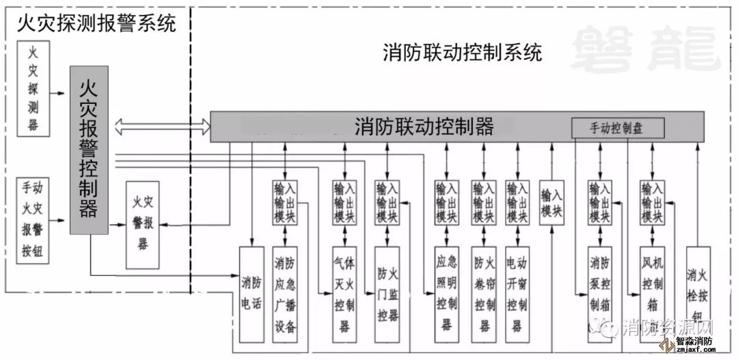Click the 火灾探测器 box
coord(33,88)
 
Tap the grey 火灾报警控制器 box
coord(89,150)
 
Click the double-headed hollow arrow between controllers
coord(163,126)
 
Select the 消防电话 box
coord(251,294)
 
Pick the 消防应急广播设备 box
coord(285,294)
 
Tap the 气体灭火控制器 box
coord(344,294)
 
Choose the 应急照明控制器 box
coord(446,294)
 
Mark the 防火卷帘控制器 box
coord(484,294)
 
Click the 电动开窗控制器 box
coord(518,294)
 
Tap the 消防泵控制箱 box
coord(600,294)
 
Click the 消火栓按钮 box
coord(697,294)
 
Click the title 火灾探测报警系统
coord(96,25)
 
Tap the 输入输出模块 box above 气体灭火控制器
coord(344,202)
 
